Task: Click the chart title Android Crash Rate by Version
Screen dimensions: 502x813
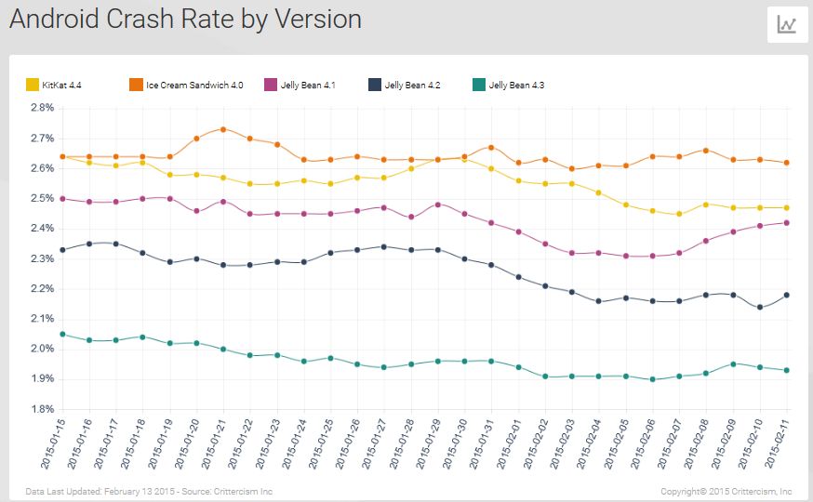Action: (x=185, y=20)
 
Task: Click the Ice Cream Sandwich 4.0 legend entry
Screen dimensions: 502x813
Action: (x=187, y=86)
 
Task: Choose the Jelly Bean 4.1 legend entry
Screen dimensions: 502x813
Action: (x=300, y=86)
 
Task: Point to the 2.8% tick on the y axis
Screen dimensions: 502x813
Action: (x=42, y=108)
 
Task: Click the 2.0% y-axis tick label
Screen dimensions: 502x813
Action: (x=42, y=349)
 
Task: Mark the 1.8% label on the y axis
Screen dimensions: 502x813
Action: (x=42, y=409)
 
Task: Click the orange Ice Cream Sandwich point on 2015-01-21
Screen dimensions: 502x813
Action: (x=223, y=129)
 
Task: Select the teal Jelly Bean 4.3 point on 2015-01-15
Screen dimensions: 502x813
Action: (x=62, y=334)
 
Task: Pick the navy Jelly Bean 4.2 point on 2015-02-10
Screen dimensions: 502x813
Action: (x=761, y=307)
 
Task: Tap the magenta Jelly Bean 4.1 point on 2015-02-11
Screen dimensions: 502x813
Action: (x=788, y=223)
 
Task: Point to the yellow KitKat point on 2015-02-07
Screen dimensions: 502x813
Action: (x=680, y=214)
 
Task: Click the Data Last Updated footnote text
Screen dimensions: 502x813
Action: (x=149, y=491)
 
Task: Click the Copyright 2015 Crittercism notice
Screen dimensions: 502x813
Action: (x=726, y=491)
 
